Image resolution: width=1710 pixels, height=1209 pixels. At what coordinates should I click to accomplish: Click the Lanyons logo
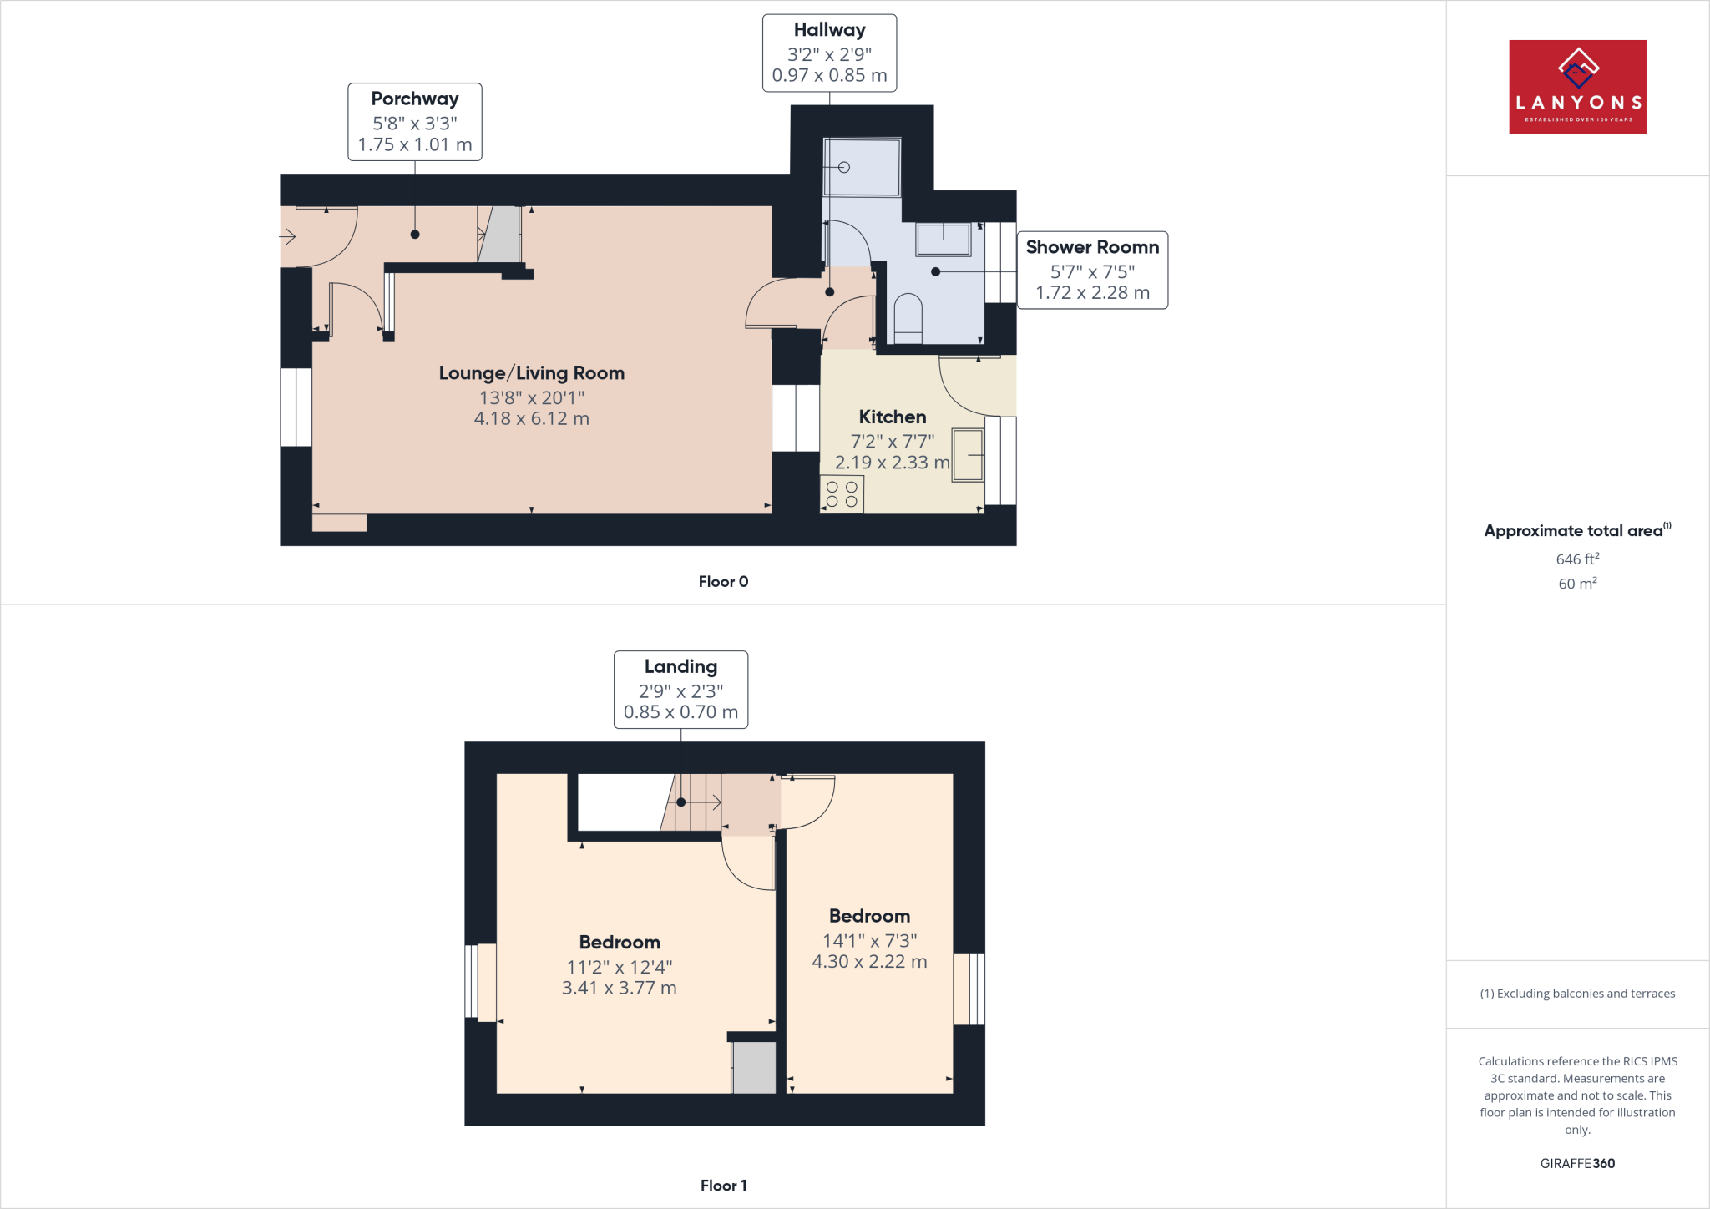1577,87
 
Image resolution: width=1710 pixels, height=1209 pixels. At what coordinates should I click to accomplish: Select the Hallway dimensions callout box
829,53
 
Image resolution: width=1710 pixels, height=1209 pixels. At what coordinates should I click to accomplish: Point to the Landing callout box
680,690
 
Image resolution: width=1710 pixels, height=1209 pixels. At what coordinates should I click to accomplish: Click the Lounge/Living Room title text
532,373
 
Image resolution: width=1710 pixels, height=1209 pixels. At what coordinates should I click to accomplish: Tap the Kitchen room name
893,417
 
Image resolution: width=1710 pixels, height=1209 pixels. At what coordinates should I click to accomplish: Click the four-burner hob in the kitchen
842,494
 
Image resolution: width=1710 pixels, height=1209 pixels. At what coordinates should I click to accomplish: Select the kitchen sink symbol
968,455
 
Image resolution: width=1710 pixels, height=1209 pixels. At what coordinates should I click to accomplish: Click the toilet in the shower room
908,317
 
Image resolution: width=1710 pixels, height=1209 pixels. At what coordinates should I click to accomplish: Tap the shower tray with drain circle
862,168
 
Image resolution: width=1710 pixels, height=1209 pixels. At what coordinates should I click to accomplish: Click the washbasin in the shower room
944,240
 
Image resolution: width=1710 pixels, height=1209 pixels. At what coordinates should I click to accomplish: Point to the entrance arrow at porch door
287,238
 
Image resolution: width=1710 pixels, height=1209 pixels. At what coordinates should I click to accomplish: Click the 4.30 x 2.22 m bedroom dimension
869,962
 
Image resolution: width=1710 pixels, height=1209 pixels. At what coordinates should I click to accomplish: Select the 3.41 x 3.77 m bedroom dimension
619,989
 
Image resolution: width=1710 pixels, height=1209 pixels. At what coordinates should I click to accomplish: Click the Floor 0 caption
723,582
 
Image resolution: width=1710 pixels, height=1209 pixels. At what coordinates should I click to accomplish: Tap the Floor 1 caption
723,1186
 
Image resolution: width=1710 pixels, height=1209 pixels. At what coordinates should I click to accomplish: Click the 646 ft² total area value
1577,559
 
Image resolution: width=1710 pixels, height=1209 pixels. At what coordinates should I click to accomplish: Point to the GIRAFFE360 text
1577,1163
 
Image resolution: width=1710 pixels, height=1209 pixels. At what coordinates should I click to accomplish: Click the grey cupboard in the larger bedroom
754,1068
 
